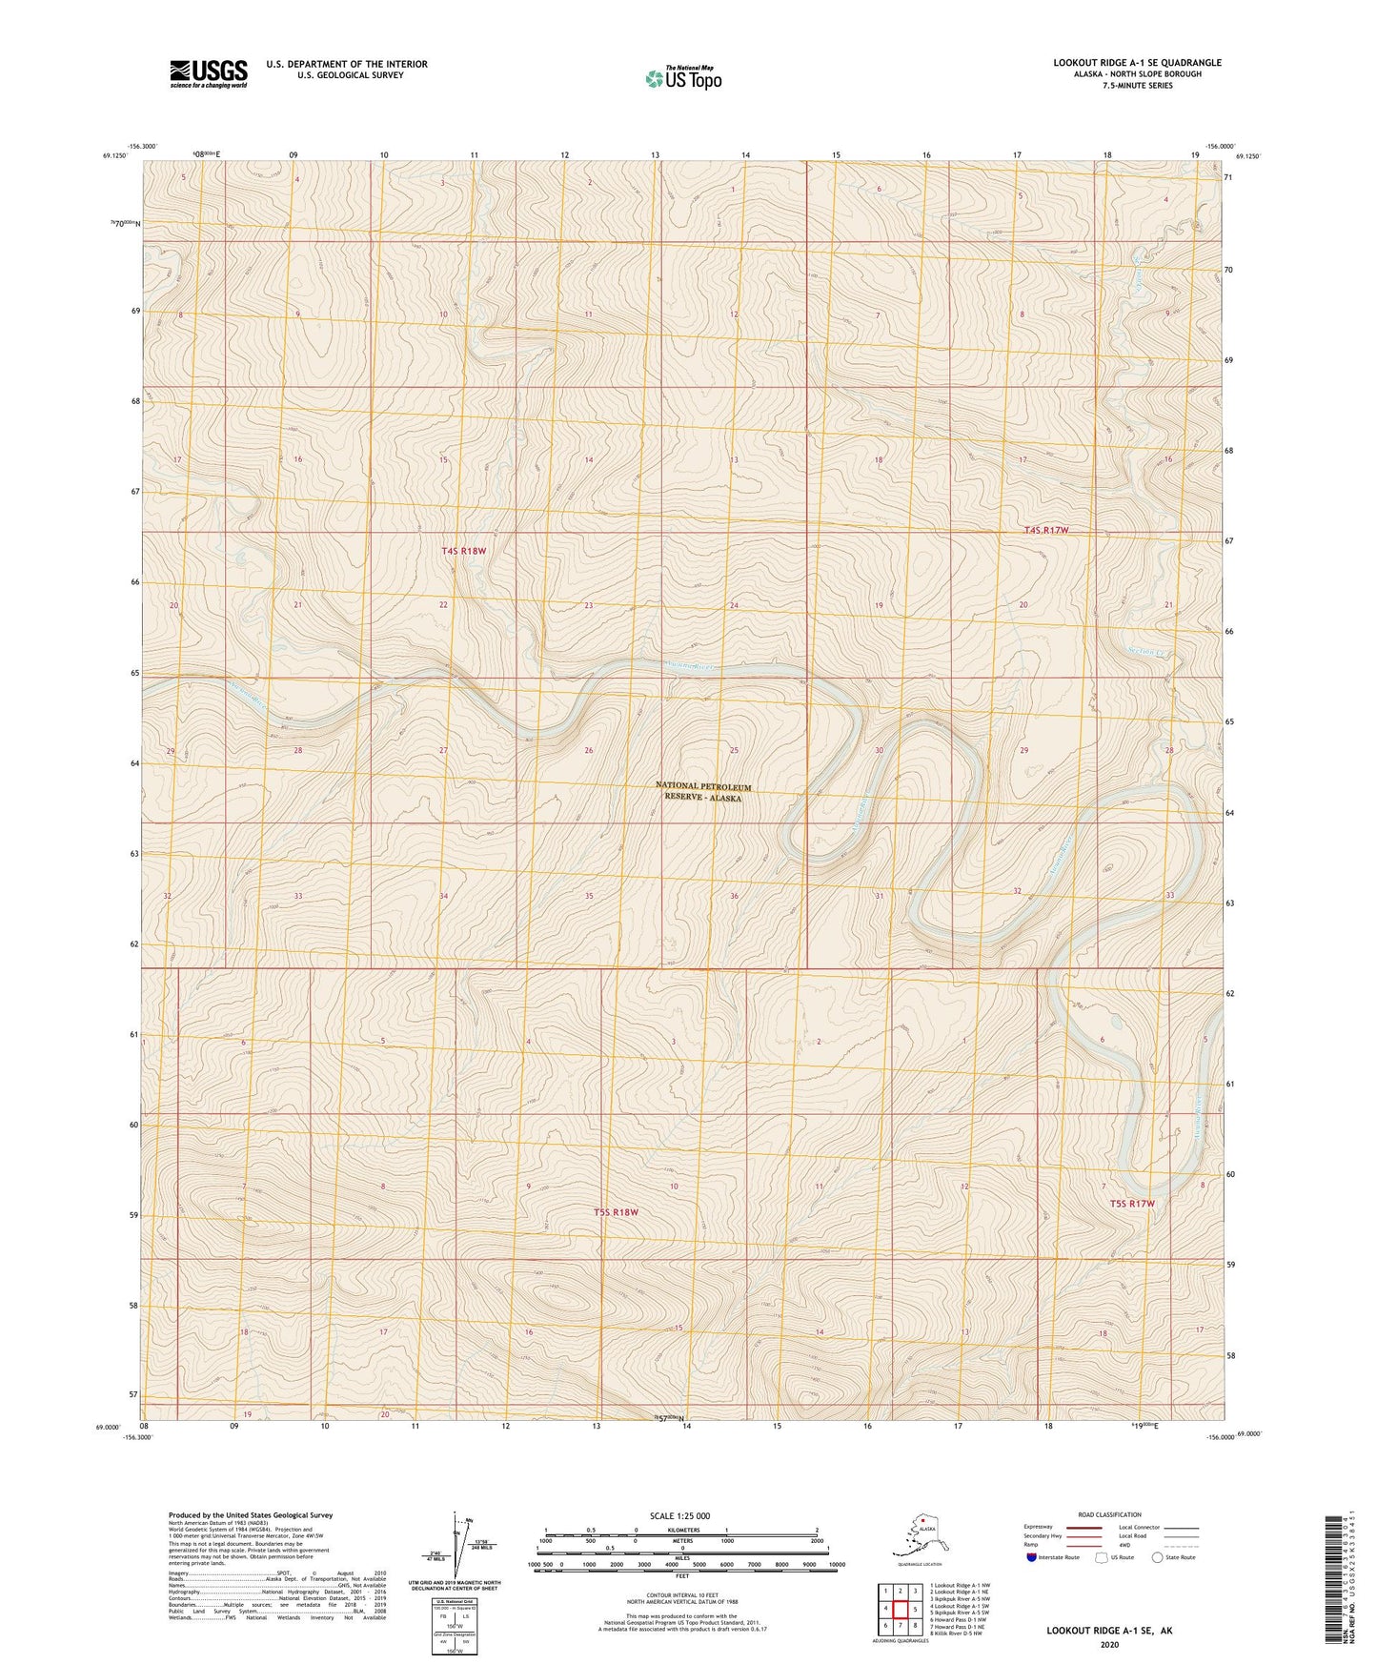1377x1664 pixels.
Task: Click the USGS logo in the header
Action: click(209, 73)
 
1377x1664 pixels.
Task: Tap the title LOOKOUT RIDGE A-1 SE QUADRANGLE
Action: click(1137, 63)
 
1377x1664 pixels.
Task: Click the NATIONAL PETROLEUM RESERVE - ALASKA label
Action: click(703, 792)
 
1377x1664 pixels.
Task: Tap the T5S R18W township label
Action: click(616, 1212)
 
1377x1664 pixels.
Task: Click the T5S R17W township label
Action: click(1131, 1204)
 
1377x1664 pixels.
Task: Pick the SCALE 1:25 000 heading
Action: click(680, 1516)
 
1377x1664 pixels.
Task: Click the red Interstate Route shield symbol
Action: click(1031, 1557)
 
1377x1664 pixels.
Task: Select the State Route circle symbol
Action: click(1157, 1557)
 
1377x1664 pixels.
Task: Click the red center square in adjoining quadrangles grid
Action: click(900, 1609)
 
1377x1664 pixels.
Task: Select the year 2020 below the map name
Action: click(1109, 1644)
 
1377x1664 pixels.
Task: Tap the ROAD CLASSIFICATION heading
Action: click(1109, 1514)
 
